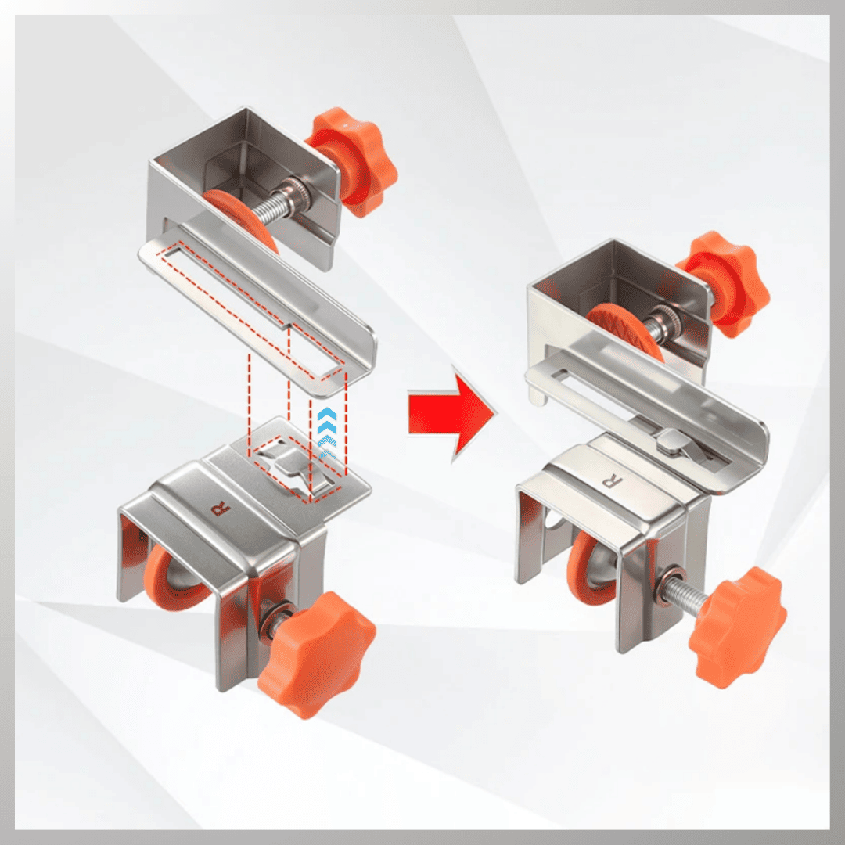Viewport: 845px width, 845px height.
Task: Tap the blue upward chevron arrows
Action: [326, 432]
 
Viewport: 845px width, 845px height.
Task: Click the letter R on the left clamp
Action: [221, 508]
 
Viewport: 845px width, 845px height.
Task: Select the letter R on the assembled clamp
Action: [612, 480]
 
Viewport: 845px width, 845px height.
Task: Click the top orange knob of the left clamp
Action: [353, 161]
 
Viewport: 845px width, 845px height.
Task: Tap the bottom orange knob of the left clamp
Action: [316, 653]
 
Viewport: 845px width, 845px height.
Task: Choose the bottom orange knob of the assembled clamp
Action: [737, 626]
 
